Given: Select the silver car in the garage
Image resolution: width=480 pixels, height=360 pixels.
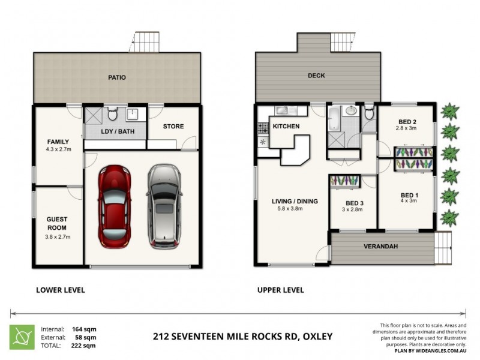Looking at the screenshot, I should [x=163, y=205].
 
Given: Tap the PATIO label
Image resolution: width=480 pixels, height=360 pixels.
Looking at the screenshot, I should [x=117, y=77].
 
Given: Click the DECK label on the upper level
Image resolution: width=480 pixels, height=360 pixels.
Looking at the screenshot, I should [x=316, y=76].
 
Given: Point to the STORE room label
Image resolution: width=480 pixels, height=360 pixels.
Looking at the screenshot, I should [x=173, y=127].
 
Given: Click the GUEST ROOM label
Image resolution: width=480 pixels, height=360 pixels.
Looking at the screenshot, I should [x=58, y=224].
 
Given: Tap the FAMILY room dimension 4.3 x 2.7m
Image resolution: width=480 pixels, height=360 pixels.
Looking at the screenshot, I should [x=58, y=150].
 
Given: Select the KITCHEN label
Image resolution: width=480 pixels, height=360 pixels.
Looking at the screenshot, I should [x=286, y=127].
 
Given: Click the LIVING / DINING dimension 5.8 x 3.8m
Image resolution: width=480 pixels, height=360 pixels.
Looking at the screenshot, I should [x=293, y=209].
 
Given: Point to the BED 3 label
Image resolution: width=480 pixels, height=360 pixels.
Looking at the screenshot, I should [x=352, y=203].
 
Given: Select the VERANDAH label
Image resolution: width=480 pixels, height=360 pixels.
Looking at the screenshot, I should [x=381, y=247].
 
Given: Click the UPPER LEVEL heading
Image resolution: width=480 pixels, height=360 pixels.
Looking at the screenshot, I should [x=280, y=290].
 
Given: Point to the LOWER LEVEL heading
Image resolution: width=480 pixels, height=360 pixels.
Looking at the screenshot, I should [x=61, y=290].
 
